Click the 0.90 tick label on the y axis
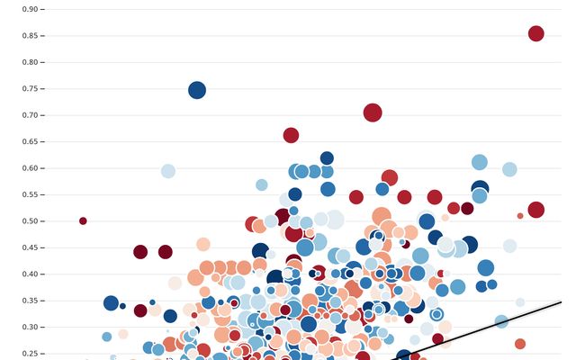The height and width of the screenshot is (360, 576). point(29,9)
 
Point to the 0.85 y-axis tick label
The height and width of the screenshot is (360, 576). point(29,36)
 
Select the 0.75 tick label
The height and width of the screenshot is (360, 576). point(29,89)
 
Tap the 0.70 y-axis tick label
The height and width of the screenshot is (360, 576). point(29,115)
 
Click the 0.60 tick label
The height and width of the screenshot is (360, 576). point(29,168)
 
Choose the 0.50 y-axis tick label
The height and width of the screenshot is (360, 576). point(29,221)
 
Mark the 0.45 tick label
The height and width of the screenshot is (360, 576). point(29,247)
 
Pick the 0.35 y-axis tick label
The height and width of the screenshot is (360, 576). point(29,301)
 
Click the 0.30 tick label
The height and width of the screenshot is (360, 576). point(29,327)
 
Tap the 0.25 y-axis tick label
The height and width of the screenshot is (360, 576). point(29,354)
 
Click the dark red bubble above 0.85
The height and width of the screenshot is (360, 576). point(535,33)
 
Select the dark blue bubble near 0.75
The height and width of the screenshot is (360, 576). point(197,90)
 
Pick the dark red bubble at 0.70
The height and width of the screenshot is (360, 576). point(373,112)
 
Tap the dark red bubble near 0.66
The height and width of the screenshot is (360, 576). point(291,135)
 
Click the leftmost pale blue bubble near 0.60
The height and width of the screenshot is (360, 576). point(167,171)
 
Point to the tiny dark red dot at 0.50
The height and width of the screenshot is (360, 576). point(83,220)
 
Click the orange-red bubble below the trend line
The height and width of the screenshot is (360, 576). point(519,344)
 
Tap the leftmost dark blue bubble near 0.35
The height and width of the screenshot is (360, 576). point(111,303)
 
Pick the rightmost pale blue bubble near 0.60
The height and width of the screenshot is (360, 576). point(509,169)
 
